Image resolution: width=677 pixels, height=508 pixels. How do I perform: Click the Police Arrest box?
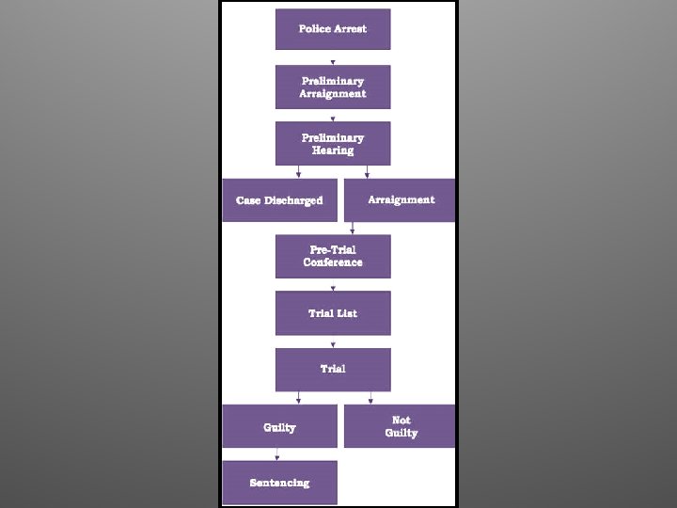pyautogui.click(x=333, y=29)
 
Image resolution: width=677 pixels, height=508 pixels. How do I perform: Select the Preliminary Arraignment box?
pyautogui.click(x=333, y=87)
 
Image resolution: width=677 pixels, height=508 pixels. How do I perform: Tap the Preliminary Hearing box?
pyautogui.click(x=333, y=143)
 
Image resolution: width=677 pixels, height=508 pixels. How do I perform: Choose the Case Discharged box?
pyautogui.click(x=279, y=200)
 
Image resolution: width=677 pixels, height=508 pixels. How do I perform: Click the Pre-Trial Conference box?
pyautogui.click(x=333, y=256)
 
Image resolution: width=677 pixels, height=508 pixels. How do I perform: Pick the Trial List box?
pyautogui.click(x=333, y=313)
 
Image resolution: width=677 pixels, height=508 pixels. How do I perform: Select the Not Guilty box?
pyautogui.click(x=400, y=426)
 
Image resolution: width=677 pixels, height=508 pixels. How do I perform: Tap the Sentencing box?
pyautogui.click(x=279, y=483)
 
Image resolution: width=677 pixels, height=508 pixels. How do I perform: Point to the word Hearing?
pyautogui.click(x=333, y=151)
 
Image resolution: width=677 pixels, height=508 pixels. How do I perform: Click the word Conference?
pyautogui.click(x=333, y=262)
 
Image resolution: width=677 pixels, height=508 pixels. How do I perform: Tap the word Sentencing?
pyautogui.click(x=279, y=483)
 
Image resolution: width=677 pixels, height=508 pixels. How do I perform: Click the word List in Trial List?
pyautogui.click(x=346, y=313)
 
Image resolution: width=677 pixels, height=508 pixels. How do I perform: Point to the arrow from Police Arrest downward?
pyautogui.click(x=333, y=61)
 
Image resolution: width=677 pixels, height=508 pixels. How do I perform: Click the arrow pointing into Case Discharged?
pyautogui.click(x=299, y=172)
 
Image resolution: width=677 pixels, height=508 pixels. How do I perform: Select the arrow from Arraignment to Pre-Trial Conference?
pyautogui.click(x=353, y=228)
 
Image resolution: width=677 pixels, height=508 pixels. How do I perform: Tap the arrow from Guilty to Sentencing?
pyautogui.click(x=276, y=456)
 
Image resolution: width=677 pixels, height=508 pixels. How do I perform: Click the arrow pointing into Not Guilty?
pyautogui.click(x=370, y=399)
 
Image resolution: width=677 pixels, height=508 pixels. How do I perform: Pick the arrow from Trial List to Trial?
pyautogui.click(x=333, y=342)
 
